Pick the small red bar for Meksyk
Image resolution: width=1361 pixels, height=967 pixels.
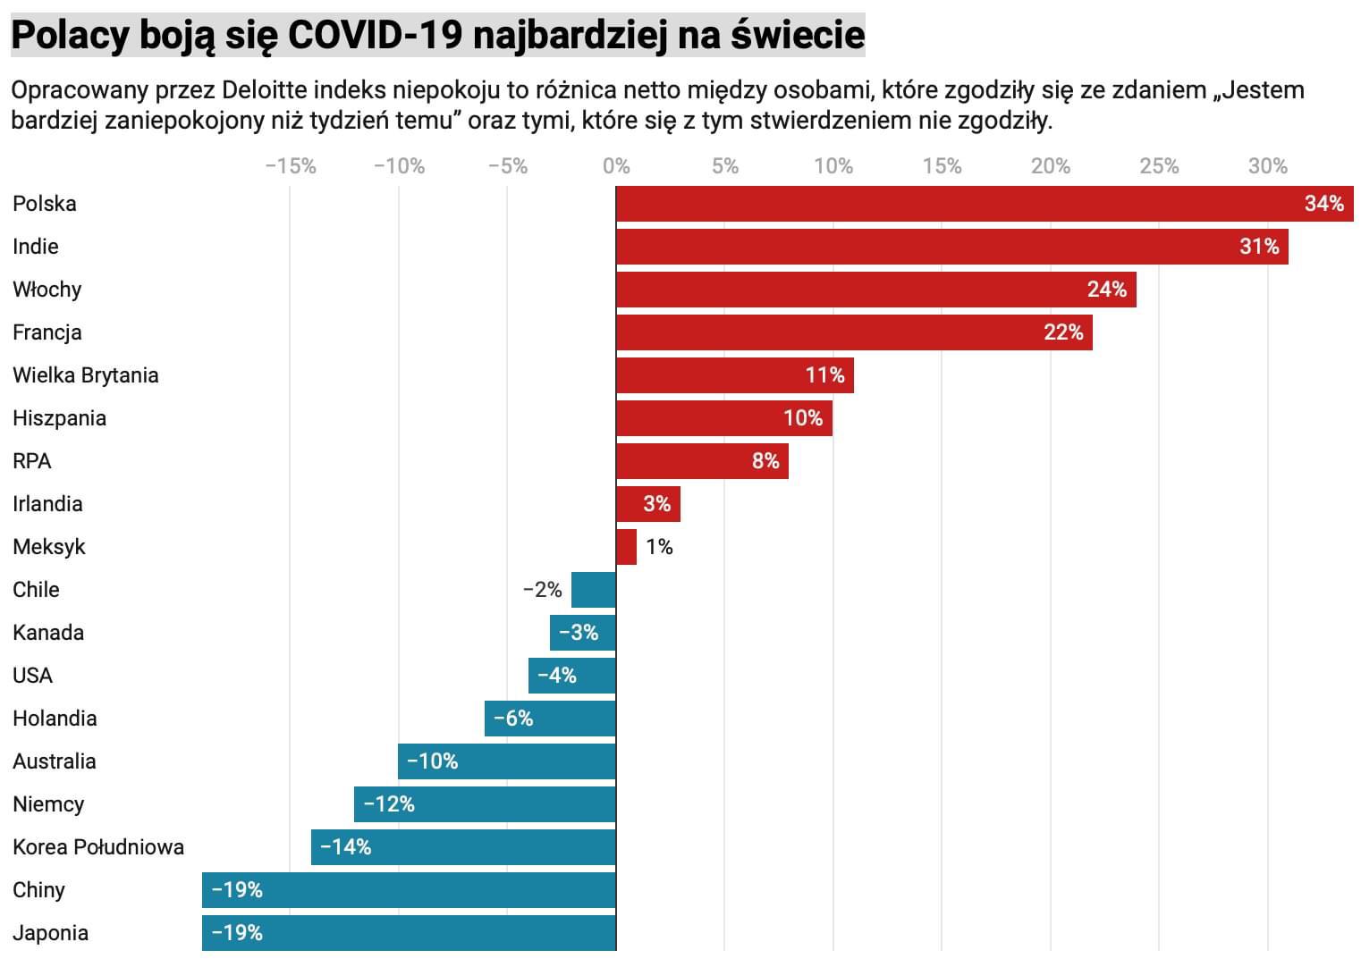[626, 547]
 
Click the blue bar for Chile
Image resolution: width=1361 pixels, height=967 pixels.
[594, 590]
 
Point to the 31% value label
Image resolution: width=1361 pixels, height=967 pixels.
[1259, 247]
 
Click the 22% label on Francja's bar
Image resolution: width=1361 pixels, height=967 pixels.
[1063, 332]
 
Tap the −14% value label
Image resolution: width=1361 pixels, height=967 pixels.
[345, 847]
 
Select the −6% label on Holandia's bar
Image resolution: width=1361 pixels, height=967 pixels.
[513, 719]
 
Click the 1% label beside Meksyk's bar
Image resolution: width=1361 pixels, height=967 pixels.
[659, 547]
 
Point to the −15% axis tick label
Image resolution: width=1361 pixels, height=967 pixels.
[291, 166]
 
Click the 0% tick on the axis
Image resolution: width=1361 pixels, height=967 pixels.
[616, 166]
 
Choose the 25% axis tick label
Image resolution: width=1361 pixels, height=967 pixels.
[1159, 166]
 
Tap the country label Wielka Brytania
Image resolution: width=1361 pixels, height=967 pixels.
[86, 375]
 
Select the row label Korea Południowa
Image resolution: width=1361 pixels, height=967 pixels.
[98, 847]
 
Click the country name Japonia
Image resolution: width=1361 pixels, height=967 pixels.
[50, 933]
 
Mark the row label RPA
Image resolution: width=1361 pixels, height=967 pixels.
[32, 461]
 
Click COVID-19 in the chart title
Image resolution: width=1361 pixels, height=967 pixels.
[375, 36]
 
